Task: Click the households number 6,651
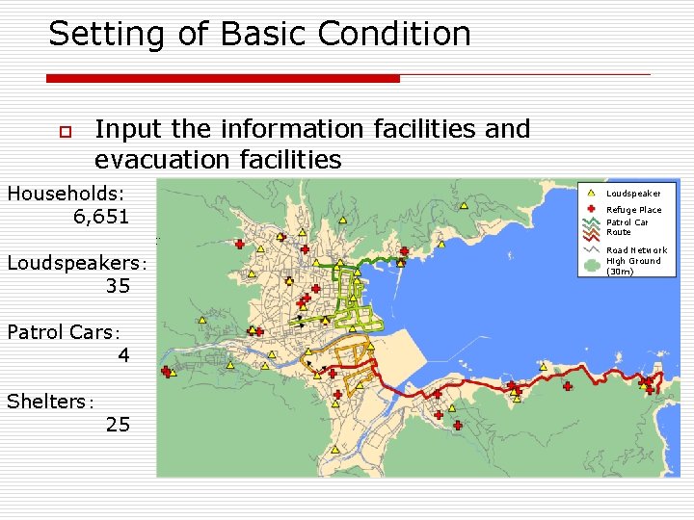(100, 217)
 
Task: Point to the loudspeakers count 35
(118, 286)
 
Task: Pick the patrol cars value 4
(123, 355)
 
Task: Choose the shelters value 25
(118, 425)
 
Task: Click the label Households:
(66, 194)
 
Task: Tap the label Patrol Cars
(60, 332)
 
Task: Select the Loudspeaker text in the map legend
(633, 194)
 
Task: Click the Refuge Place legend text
(633, 210)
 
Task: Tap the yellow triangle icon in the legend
(590, 194)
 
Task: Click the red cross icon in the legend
(590, 209)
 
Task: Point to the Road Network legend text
(636, 250)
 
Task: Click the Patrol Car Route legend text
(627, 227)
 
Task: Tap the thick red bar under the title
(223, 78)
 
